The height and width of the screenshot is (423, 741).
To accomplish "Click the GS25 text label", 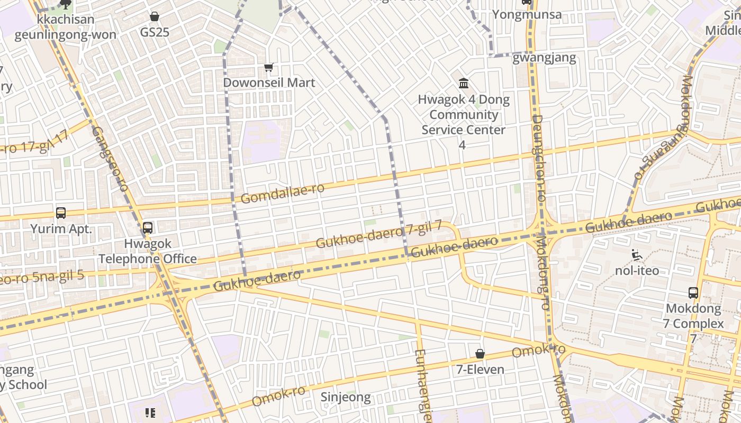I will (155, 32).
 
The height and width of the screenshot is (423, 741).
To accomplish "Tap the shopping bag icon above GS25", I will (155, 16).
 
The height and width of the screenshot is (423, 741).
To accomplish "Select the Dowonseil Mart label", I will (269, 82).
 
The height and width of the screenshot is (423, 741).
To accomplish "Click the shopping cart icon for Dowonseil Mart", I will (269, 67).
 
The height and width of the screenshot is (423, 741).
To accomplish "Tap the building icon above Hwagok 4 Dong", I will (464, 83).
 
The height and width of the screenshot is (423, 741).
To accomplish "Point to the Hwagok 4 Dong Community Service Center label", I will (464, 115).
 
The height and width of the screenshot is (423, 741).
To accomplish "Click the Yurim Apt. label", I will (61, 229).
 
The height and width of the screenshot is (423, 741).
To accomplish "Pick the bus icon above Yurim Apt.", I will (61, 213).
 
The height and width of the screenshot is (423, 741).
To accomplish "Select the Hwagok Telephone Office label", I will (148, 251).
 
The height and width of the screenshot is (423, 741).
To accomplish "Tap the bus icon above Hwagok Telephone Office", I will (148, 228).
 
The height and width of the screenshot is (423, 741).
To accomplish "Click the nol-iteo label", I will (637, 271).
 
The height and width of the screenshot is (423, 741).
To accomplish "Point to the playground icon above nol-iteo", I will (637, 255).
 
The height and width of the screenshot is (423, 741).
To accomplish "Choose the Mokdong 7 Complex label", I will (693, 316).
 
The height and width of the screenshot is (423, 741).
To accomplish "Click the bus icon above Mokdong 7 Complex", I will (693, 292).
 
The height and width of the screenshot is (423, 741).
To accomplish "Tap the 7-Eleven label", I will (480, 369).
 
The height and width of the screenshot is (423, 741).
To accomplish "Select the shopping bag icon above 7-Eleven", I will (480, 354).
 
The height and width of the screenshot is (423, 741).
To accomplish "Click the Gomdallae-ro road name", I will (283, 194).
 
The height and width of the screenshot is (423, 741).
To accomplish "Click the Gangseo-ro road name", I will (110, 159).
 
